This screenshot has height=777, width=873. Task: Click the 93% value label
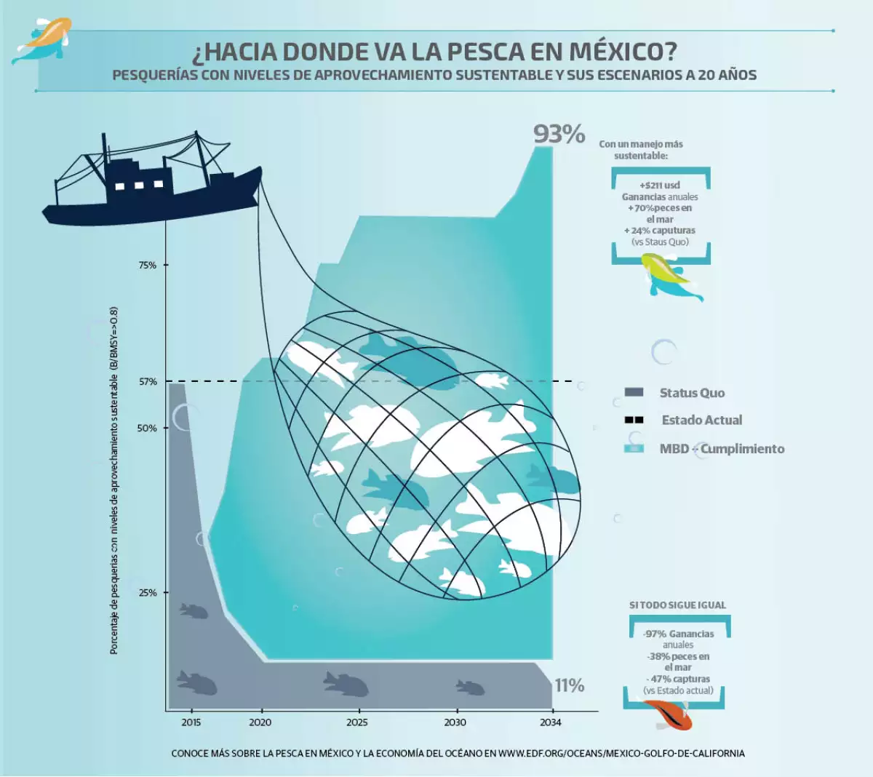click(x=559, y=134)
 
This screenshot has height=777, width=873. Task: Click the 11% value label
click(x=570, y=685)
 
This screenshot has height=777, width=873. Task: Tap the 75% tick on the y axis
click(x=148, y=266)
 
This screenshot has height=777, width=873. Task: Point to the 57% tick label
click(x=148, y=382)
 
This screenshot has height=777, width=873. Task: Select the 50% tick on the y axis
click(x=148, y=429)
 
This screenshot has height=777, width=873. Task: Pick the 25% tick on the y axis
click(x=148, y=593)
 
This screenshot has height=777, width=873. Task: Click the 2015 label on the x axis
click(x=191, y=722)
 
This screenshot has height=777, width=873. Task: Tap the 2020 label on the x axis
click(x=260, y=722)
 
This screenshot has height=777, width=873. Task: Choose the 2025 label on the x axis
click(x=357, y=722)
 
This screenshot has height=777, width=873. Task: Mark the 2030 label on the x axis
click(x=455, y=722)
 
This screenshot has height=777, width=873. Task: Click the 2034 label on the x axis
click(x=551, y=722)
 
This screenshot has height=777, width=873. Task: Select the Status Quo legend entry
click(x=691, y=393)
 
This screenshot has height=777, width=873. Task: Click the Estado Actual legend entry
click(x=701, y=420)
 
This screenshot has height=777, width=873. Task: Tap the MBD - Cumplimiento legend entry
click(x=722, y=449)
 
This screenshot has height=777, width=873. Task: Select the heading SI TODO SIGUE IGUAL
click(x=677, y=605)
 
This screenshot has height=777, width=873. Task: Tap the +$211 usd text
click(x=660, y=186)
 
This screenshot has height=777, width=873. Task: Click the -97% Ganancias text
click(x=679, y=634)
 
